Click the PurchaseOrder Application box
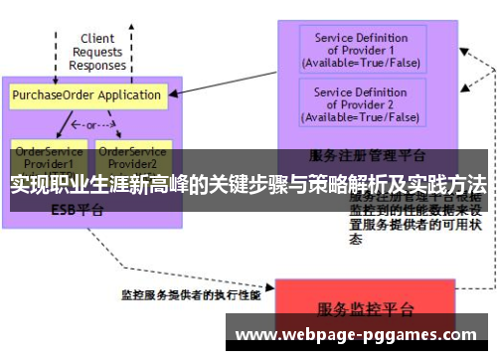point(86,95)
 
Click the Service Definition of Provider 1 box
point(361,50)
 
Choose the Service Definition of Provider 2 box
point(361,104)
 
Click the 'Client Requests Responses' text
point(97,53)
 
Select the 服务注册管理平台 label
point(368,155)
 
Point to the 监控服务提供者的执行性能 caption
point(191,295)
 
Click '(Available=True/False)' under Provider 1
point(361,62)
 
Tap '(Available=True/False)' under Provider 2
point(361,116)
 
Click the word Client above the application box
point(97,40)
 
